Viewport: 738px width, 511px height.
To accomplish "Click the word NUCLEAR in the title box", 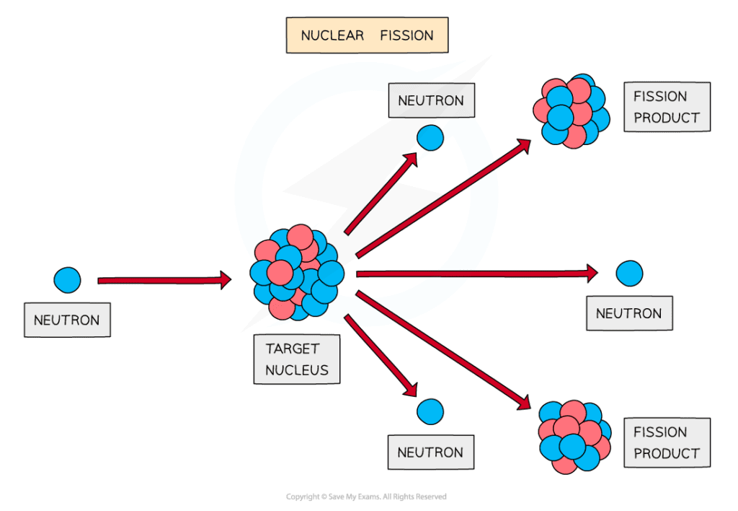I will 332,35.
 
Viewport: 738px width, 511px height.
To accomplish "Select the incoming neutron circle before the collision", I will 67,279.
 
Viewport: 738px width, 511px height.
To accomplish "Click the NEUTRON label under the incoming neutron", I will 67,320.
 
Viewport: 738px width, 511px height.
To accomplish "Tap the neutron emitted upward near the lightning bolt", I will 430,137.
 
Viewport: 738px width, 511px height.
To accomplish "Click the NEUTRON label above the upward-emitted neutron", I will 431,100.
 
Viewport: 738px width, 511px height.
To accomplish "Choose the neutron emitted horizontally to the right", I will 629,273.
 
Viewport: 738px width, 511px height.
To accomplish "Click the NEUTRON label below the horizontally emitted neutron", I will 628,314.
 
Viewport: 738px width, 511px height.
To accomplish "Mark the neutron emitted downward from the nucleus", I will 430,411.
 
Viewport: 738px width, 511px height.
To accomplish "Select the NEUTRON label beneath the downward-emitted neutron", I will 430,453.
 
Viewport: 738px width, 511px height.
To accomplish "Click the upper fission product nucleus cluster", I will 568,111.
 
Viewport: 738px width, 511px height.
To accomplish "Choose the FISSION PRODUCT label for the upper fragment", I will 666,107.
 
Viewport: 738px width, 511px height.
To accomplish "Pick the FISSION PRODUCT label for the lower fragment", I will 666,442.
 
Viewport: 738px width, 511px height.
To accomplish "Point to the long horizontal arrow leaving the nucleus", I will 476,274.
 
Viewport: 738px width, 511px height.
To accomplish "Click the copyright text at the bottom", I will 366,497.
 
